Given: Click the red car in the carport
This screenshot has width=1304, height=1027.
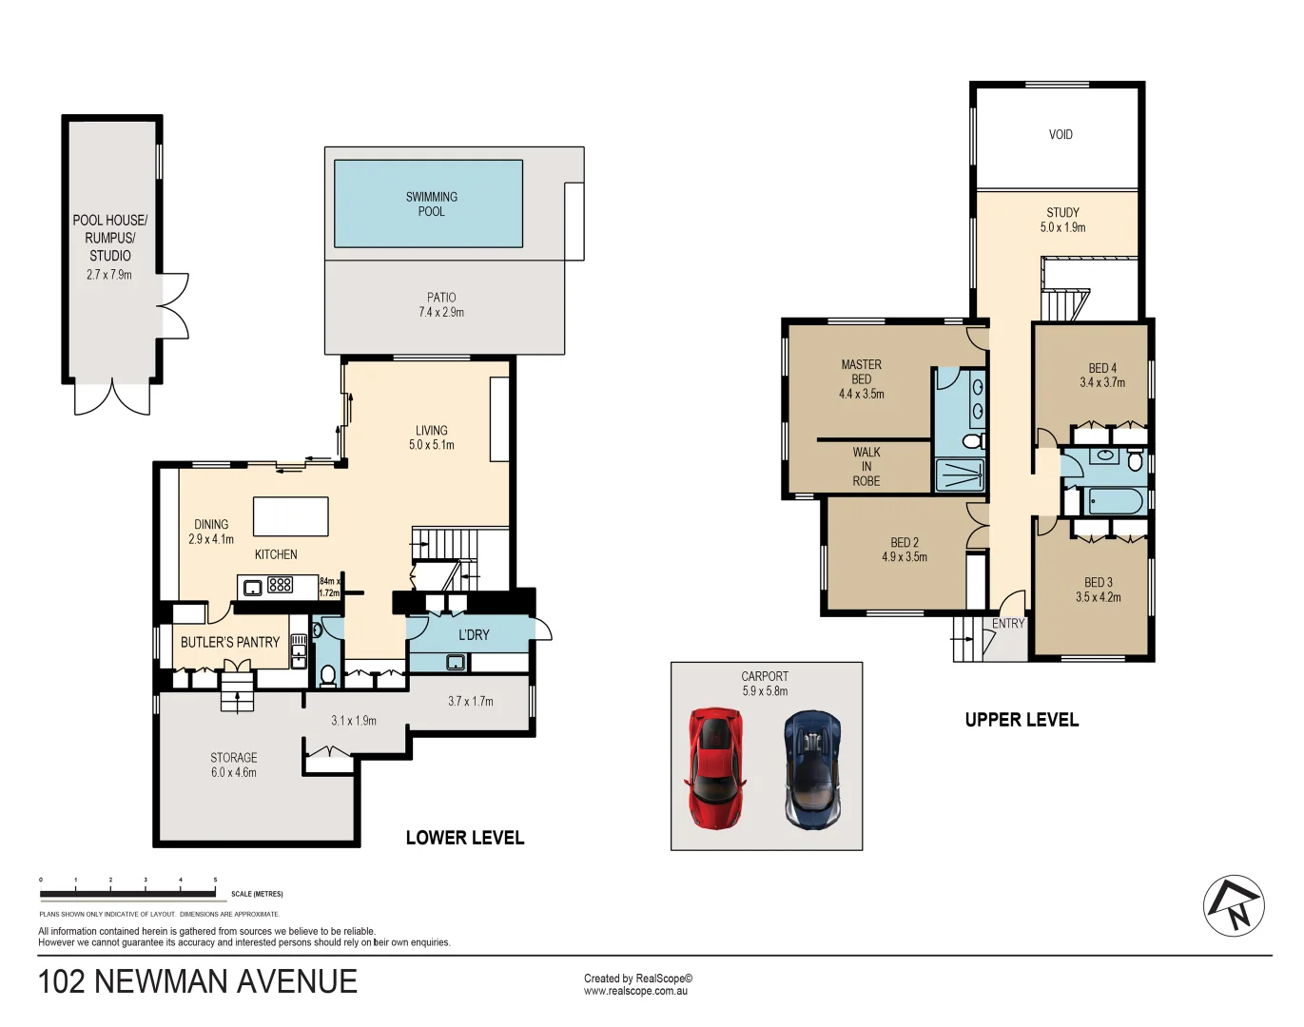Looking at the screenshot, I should pos(714,766).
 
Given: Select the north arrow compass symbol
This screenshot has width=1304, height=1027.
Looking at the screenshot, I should pos(1234,906).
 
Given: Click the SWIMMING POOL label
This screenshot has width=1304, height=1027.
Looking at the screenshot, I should pos(431,204).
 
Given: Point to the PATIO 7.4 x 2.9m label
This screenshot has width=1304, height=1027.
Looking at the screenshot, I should pos(441,305).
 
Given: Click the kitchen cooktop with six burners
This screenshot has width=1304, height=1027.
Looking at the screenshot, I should pos(280,586).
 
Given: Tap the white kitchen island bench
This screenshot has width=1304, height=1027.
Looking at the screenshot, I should pos(290,516).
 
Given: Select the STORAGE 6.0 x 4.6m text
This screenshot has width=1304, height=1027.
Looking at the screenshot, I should pos(234,765).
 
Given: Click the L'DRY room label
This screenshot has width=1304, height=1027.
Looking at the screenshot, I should pos(474,635).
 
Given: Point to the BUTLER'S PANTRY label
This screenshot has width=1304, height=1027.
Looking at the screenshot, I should pos(230,643).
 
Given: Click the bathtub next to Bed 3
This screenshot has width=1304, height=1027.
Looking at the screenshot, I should pos(1119,501).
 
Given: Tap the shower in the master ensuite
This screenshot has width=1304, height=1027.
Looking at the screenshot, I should pos(960,475).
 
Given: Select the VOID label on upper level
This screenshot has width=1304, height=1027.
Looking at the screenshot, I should pos(1061,135).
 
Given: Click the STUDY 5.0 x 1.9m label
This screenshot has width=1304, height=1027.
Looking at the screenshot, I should pos(1062,220).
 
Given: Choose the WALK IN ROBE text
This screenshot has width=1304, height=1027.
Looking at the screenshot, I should pos(866,467).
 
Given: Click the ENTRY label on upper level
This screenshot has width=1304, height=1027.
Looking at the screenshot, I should pos(1008,624).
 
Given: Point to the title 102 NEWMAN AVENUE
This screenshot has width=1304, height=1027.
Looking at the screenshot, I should pos(198,981).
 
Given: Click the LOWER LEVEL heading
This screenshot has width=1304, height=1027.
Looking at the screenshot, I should pos(465,838).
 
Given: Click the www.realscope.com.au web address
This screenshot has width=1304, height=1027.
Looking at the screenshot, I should pos(635,991).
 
